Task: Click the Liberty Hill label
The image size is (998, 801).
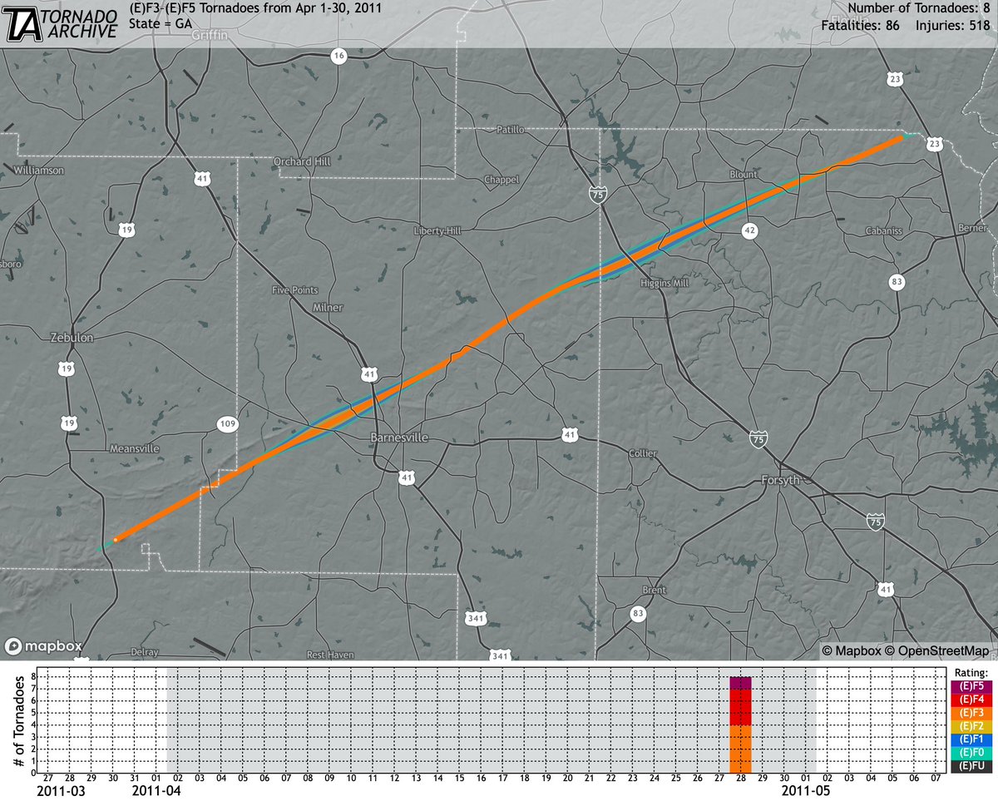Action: (437, 230)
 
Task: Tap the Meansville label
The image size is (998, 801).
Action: (135, 448)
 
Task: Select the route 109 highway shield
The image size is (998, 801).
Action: (227, 424)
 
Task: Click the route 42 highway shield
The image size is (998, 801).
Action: (750, 232)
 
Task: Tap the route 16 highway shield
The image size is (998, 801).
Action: (338, 57)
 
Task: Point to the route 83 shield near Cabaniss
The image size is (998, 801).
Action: (896, 282)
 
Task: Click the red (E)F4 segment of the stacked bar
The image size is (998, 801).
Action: (740, 707)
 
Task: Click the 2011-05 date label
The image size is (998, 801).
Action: (802, 792)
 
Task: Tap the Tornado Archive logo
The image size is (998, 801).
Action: (62, 23)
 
